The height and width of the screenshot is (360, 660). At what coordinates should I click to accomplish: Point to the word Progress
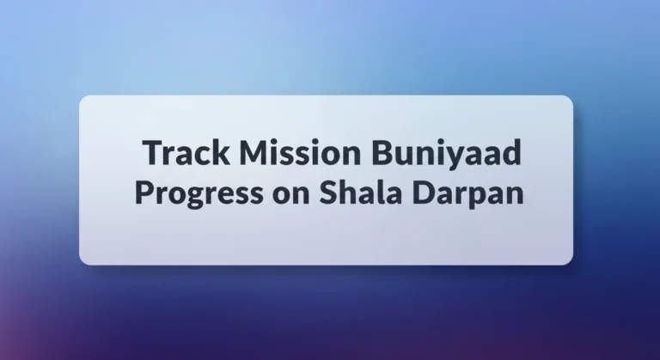tap(197, 192)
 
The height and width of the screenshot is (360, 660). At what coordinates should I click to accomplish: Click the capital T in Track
tap(152, 154)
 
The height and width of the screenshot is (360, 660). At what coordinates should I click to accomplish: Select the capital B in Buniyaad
tap(383, 154)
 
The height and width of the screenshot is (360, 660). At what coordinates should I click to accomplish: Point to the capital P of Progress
tap(143, 191)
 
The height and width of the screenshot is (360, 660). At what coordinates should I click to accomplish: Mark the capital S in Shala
tap(328, 191)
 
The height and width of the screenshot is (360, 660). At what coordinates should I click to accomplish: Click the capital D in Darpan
tap(425, 191)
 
